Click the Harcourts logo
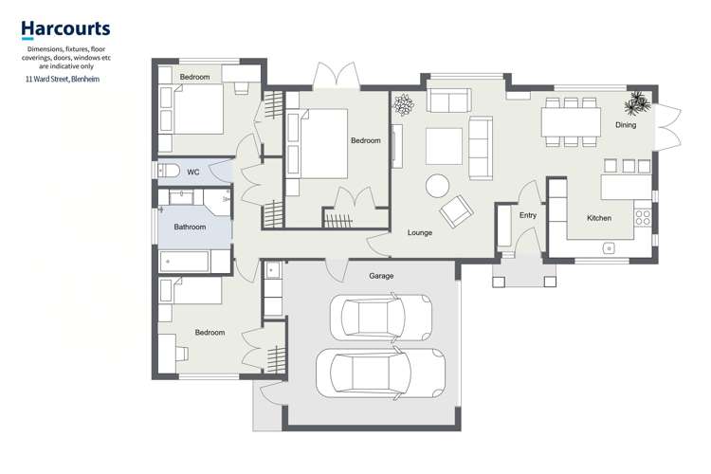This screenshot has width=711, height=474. [x=65, y=29]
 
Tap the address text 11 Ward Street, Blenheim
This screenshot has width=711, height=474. [x=63, y=80]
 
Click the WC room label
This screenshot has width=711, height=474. [x=192, y=173]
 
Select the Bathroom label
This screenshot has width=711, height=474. [x=190, y=227]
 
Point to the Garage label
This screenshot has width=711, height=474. [x=381, y=276]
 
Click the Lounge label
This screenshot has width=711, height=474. [x=420, y=232]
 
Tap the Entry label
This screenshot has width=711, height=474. [x=528, y=216]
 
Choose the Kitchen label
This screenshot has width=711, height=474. [x=599, y=218]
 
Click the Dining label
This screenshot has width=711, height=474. [x=626, y=125]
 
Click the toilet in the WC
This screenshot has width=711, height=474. [x=169, y=172]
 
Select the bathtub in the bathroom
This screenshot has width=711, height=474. [x=195, y=261]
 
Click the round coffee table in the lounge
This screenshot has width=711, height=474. [x=438, y=184]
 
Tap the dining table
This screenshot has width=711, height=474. [x=570, y=122]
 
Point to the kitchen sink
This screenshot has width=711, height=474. [x=607, y=248]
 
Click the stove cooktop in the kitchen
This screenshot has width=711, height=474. [x=643, y=222]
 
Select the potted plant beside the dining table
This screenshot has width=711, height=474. [x=637, y=101]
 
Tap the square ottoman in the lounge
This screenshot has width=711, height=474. [x=444, y=146]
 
